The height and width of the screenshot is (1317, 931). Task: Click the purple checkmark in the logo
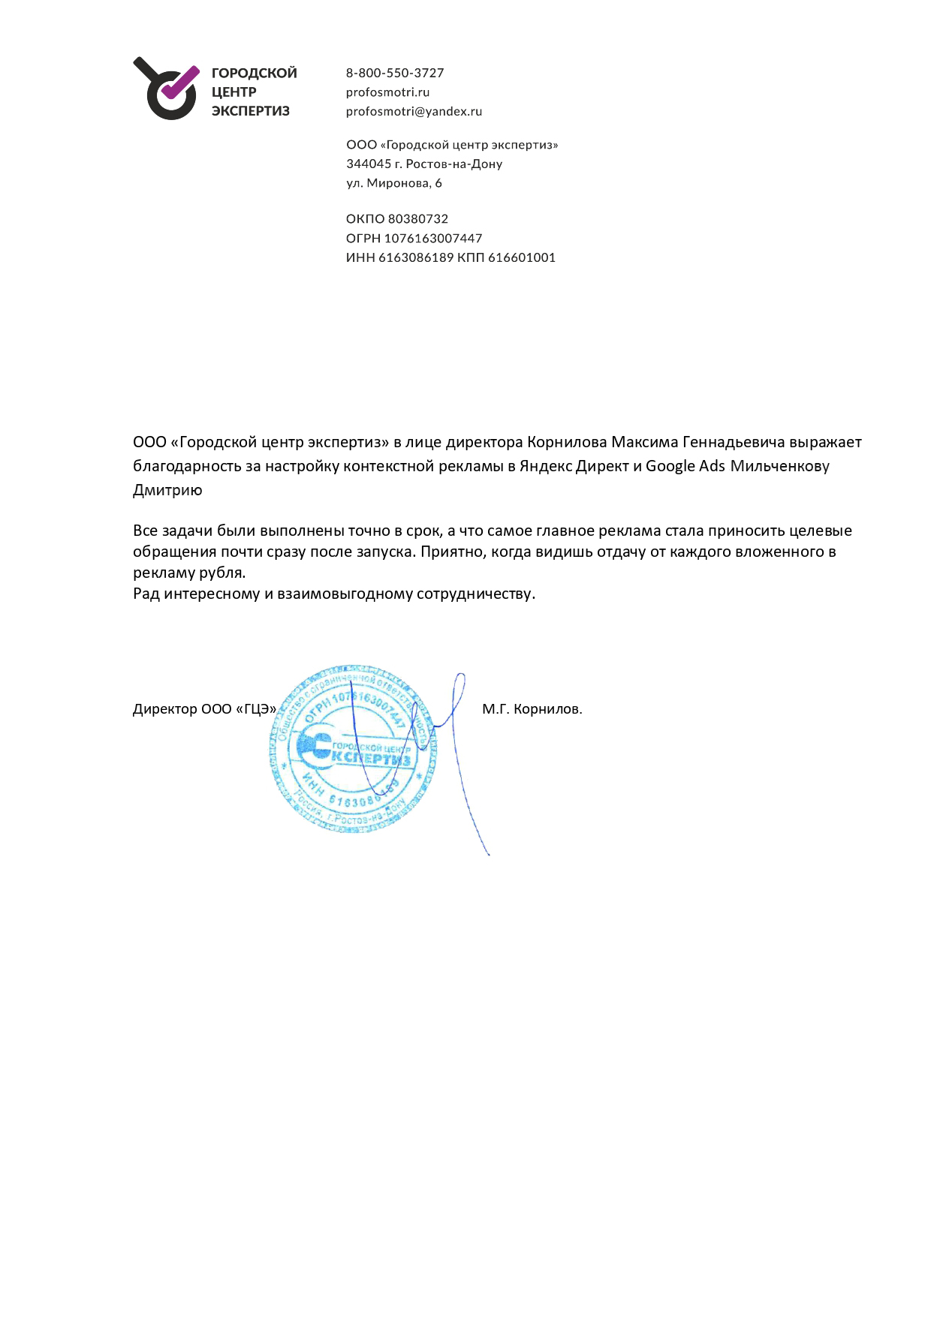(x=180, y=83)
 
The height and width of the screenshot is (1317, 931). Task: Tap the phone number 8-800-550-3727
(x=395, y=73)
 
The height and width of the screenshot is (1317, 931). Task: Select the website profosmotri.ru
(x=387, y=92)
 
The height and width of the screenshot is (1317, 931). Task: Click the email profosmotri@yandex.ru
(x=414, y=111)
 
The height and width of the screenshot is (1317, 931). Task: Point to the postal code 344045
(x=369, y=164)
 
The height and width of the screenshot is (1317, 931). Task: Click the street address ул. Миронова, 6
(x=394, y=183)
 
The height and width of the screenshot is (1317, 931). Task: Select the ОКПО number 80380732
(x=417, y=219)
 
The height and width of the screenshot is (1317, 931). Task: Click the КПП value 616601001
(x=522, y=257)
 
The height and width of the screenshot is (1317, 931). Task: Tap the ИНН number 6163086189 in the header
(x=416, y=257)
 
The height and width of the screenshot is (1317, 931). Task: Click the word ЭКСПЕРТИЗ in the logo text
(x=250, y=111)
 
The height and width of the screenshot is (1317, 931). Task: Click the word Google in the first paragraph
(x=670, y=466)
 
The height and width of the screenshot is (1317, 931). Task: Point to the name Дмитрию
(x=167, y=491)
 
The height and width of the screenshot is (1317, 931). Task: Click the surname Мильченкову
(x=779, y=466)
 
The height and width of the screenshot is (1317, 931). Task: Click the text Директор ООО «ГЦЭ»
(x=204, y=709)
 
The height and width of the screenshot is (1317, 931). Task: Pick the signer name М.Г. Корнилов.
(x=532, y=709)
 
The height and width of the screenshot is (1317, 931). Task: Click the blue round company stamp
(x=352, y=749)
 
